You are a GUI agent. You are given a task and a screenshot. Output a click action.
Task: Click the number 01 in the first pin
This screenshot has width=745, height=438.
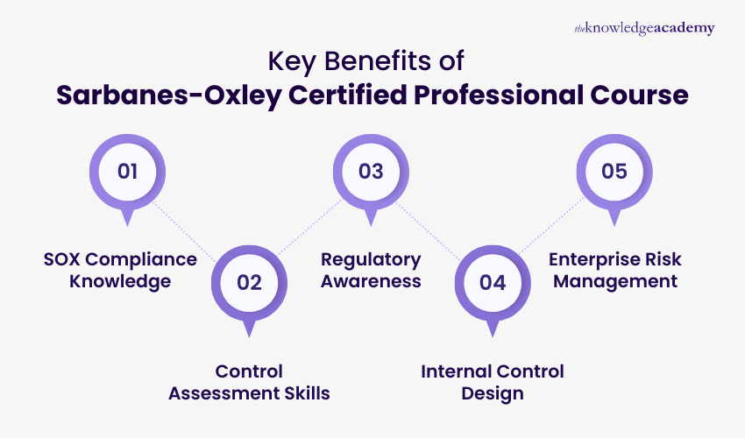128,171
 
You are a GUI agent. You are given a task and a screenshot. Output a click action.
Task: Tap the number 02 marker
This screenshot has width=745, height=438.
250,282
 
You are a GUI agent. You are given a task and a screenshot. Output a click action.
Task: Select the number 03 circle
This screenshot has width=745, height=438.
371,171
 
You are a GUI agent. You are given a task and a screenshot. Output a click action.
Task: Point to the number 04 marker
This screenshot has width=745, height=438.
493,282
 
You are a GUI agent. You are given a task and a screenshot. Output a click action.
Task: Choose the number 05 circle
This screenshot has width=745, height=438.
614,171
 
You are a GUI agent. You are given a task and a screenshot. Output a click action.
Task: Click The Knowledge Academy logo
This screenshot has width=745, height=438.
644,28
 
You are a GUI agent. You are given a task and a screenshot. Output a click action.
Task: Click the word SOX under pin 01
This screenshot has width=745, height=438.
64,259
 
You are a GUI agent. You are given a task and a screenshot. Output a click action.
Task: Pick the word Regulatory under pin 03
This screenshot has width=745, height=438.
371,259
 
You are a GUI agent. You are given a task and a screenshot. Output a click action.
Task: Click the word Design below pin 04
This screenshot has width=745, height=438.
493,393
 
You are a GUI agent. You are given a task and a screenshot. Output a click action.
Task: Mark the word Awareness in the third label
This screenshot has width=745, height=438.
371,281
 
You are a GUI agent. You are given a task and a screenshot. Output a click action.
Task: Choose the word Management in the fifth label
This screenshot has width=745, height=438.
615,281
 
